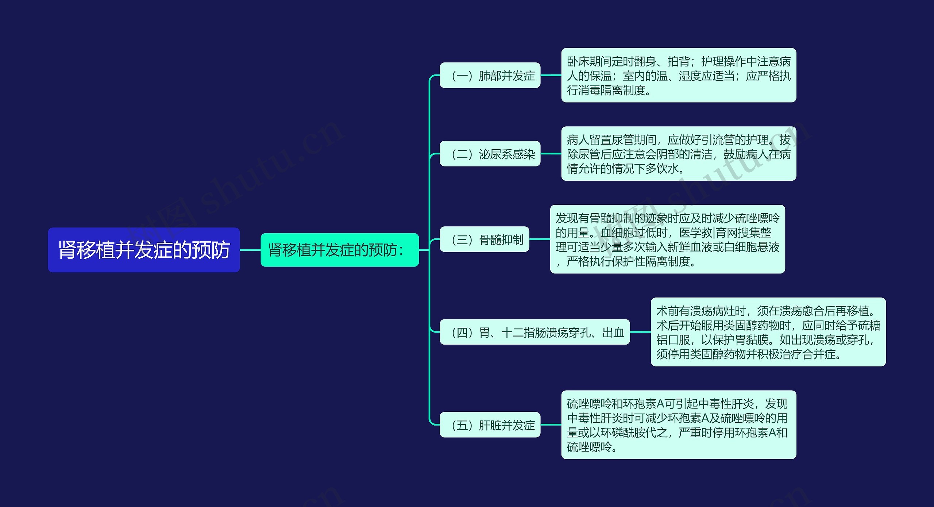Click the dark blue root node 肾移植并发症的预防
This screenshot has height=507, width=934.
pos(144,250)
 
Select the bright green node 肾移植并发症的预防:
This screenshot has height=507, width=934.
pos(339,250)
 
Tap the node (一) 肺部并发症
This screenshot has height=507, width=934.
pos(490,76)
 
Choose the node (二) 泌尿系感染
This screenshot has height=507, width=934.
pos(490,154)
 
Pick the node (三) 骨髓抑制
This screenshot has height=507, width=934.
pos(484,239)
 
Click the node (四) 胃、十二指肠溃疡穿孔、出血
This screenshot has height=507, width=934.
pos(534,332)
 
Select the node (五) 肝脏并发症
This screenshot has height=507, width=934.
pos(490,425)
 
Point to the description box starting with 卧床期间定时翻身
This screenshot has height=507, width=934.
pos(678,75)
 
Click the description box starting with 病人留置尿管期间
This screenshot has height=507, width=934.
pos(678,154)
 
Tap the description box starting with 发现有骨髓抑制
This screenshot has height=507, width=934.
pos(667,239)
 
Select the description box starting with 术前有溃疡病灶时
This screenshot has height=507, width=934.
pos(768,332)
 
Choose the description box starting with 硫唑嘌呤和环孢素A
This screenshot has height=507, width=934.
pos(678,425)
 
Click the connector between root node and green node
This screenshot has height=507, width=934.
pos(250,250)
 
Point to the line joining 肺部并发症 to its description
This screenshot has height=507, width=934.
pos(551,75)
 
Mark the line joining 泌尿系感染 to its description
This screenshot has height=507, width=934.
pos(551,154)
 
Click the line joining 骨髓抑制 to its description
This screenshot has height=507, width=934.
pos(540,239)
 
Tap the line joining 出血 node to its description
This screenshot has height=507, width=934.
pos(640,332)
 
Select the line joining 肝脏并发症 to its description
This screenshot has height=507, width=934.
pos(551,425)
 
